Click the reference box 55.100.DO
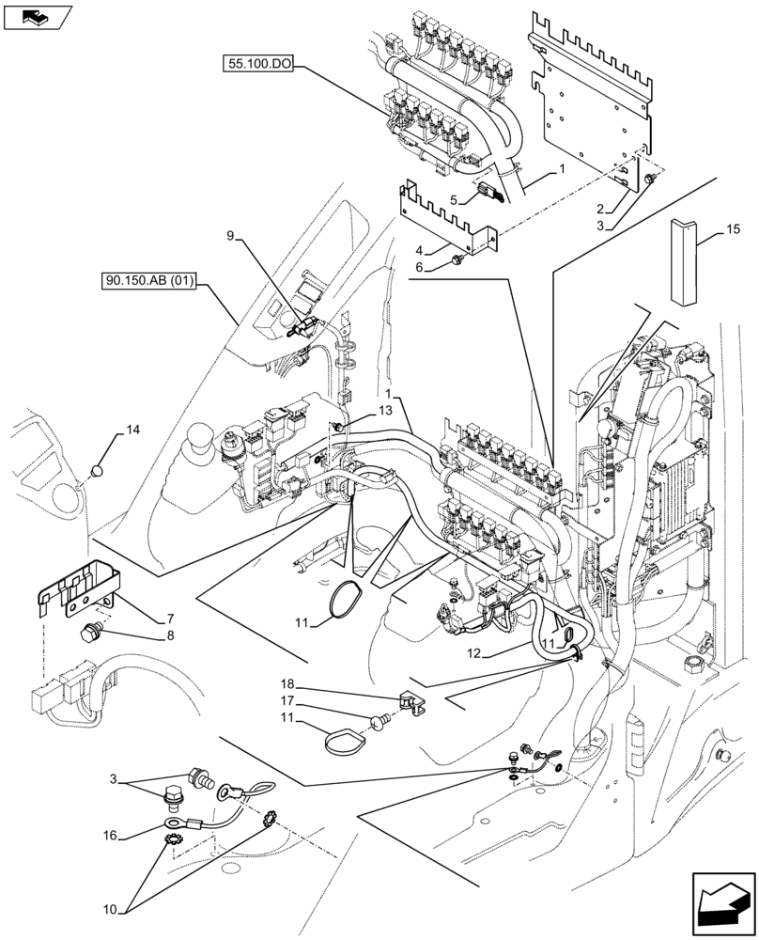click(258, 64)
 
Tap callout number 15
click(733, 229)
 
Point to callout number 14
click(132, 431)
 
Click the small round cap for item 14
click(95, 469)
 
